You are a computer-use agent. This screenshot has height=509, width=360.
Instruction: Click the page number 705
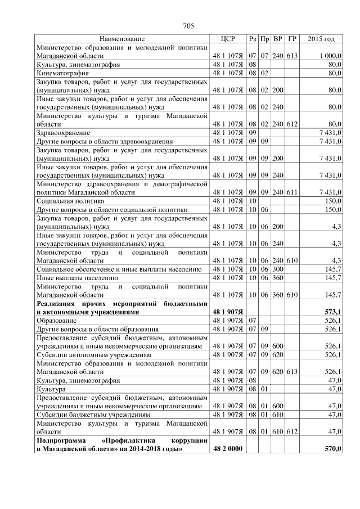pyautogui.click(x=188, y=26)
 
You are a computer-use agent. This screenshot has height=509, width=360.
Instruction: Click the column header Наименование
pyautogui.click(x=122, y=39)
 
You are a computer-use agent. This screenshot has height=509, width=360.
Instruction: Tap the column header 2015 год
pyautogui.click(x=321, y=39)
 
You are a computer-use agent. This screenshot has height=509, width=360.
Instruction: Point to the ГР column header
pyautogui.click(x=291, y=39)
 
